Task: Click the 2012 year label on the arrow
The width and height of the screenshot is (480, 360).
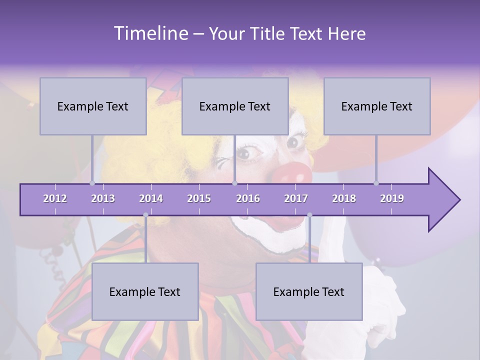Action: pos(55,198)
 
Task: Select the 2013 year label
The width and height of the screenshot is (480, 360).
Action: pos(103,198)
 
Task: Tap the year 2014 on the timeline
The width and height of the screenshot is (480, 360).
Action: pos(151,198)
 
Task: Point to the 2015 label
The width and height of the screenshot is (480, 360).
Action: pos(199,198)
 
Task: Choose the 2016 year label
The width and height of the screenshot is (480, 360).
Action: pos(248,198)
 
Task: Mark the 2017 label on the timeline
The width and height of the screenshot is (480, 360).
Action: pos(296,198)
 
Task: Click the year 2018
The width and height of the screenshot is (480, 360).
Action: pos(344,198)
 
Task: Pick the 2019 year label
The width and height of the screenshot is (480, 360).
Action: pos(392,198)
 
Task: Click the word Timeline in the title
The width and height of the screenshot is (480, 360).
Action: pos(150,33)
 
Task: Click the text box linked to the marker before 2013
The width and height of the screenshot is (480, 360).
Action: pos(93,106)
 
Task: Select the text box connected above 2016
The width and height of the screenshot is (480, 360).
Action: pos(235,106)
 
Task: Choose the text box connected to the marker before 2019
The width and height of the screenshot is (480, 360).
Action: pos(377,106)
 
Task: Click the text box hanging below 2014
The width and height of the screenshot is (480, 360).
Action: pos(145,291)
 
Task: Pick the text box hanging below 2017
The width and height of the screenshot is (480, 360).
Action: pos(309,291)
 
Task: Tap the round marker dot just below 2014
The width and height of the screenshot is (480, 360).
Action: pos(145,215)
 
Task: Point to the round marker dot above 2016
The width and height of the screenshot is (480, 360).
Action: pos(234,183)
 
